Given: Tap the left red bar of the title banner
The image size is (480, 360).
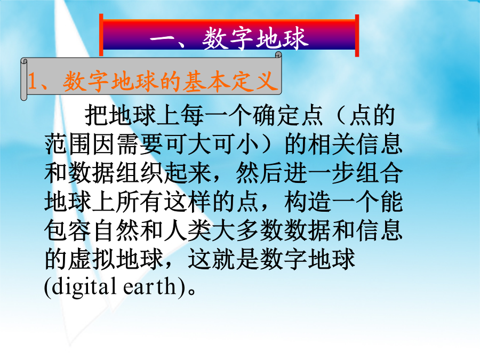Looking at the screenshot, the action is (101, 35).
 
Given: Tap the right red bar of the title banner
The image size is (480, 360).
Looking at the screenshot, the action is (357, 36).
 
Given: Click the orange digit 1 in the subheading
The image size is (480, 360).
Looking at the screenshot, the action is (33, 81).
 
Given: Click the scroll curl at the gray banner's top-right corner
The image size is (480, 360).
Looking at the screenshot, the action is (278, 55).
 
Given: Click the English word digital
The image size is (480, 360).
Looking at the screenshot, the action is (84, 287).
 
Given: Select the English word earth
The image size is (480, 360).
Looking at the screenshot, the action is (150, 286).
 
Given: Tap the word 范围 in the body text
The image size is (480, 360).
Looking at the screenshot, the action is (68, 144).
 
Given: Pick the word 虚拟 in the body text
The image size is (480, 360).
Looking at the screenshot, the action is (92, 259).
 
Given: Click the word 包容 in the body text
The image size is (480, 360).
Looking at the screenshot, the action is (68, 230).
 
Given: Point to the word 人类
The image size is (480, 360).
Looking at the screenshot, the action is (188, 230).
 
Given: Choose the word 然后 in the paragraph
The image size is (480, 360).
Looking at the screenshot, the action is (260, 173).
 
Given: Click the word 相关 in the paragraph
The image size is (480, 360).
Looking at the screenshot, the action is (332, 144).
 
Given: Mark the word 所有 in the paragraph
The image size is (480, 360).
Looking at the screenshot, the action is (140, 202).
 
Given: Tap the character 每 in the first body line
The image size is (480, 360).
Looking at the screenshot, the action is (192, 115).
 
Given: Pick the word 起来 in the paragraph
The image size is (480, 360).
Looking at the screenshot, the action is (188, 173).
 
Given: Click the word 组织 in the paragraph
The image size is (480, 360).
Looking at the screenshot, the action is (140, 173).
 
